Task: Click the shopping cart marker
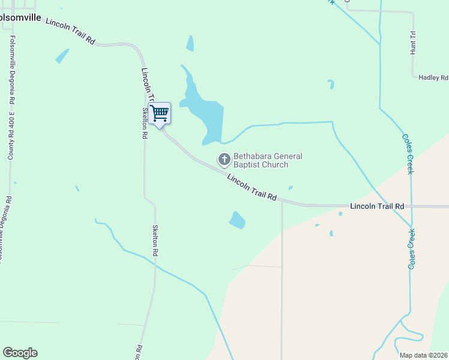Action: tap(159, 113)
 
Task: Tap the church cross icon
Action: tap(224, 160)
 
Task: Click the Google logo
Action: tap(20, 353)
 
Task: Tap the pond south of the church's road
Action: tap(237, 220)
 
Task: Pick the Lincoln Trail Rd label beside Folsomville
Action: tap(70, 31)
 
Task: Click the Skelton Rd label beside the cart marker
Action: tap(145, 123)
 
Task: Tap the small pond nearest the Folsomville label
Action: tap(62, 56)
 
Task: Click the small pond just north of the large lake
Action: tap(190, 43)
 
